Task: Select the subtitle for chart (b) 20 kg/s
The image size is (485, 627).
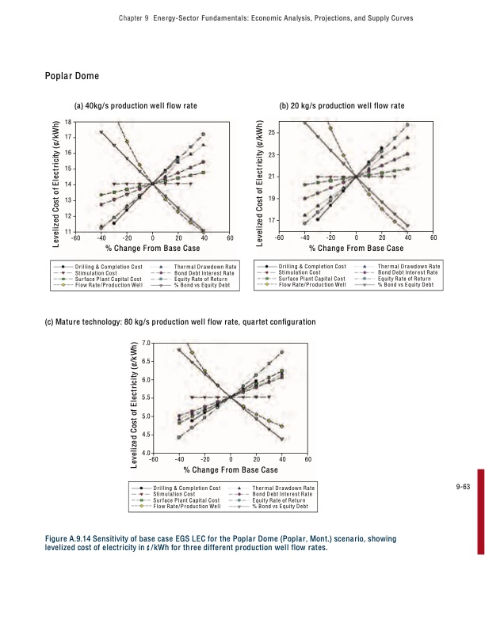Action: click(x=342, y=105)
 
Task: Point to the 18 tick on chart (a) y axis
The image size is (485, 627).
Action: click(x=67, y=121)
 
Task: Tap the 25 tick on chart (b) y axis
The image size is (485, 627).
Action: click(x=271, y=131)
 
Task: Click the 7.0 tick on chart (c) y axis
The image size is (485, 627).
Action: click(x=146, y=343)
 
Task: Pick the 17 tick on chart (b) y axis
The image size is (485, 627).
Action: click(x=271, y=219)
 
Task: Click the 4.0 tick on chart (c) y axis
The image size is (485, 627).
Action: click(x=146, y=452)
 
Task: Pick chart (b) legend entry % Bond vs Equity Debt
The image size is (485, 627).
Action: click(x=406, y=284)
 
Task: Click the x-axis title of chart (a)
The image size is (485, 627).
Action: click(x=151, y=249)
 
